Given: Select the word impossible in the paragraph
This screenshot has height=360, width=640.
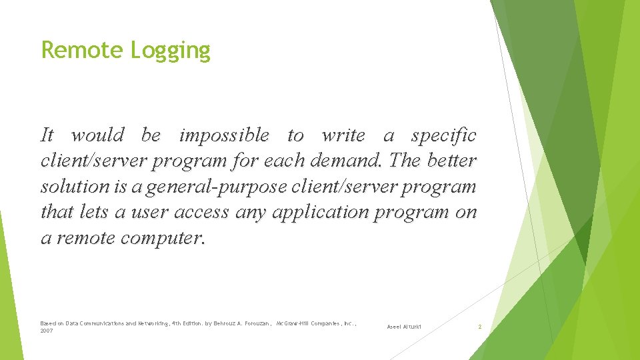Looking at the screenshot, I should [x=225, y=135].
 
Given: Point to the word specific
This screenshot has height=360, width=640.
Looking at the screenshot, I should [x=443, y=135].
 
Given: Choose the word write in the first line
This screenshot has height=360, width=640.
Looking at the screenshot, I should [x=343, y=135].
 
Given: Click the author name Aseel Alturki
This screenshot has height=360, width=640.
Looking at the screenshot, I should [x=404, y=327].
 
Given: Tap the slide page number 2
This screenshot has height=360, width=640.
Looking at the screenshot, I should [x=479, y=327].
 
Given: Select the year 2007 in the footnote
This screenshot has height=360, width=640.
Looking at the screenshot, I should [x=47, y=331].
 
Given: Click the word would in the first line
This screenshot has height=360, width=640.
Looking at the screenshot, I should [x=97, y=135].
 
